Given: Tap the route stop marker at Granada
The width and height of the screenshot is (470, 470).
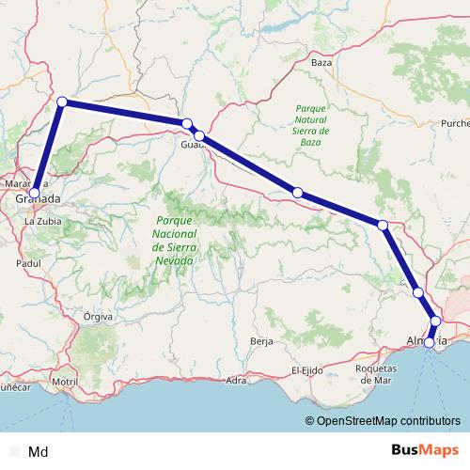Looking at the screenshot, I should (x=34, y=193).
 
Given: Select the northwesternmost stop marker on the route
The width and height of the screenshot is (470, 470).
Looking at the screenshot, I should (x=62, y=102).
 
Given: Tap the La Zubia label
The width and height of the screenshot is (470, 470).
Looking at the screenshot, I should (x=42, y=221).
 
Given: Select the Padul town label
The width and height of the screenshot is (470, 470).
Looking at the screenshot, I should (x=29, y=264).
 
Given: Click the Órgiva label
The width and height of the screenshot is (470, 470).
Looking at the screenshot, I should (x=98, y=317).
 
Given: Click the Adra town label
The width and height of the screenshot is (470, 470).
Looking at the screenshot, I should (x=237, y=380).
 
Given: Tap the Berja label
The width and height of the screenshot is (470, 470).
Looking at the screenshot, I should (x=261, y=341).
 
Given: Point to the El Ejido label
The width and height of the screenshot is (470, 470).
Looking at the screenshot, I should (x=307, y=370).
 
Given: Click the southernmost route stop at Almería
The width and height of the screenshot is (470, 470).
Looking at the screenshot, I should (x=430, y=343).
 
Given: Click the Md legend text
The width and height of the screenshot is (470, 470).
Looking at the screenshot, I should (x=39, y=452).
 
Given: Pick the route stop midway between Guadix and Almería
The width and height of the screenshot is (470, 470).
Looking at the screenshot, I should (x=297, y=193).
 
